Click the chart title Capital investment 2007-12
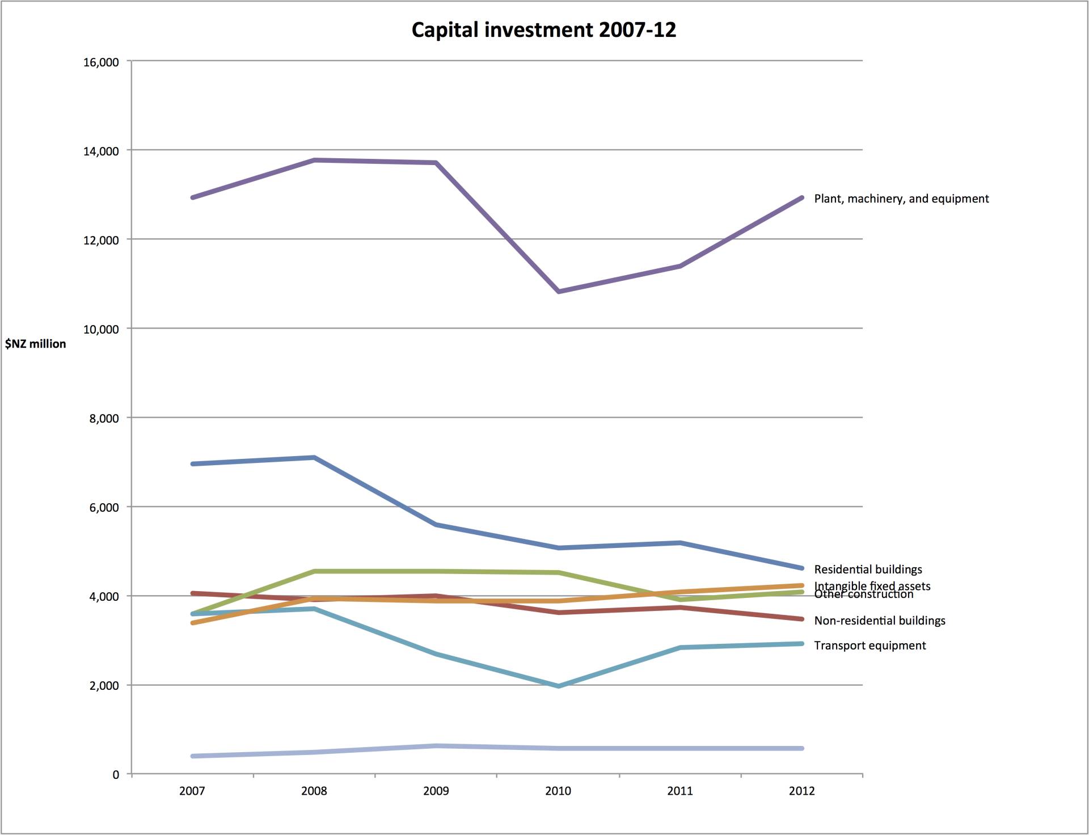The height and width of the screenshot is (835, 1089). [x=543, y=29]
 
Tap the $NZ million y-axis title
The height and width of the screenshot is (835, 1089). [x=35, y=344]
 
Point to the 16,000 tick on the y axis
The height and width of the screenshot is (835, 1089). [x=101, y=62]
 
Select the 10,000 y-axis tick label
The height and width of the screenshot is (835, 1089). [x=101, y=329]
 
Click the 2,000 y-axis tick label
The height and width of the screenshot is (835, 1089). [x=103, y=685]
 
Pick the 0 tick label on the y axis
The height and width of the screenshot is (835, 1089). [x=116, y=775]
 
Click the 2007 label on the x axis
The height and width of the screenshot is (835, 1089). [x=192, y=791]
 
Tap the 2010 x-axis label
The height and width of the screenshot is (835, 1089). [x=558, y=791]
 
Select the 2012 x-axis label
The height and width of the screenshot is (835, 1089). [x=801, y=791]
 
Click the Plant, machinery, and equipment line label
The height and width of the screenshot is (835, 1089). [x=901, y=199]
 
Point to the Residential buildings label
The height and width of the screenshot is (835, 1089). [x=868, y=569]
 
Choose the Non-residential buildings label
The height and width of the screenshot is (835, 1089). [x=879, y=621]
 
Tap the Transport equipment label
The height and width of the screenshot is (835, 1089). [x=869, y=646]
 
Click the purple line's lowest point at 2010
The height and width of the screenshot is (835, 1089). [x=559, y=292]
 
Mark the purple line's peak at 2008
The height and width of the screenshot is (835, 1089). [x=314, y=160]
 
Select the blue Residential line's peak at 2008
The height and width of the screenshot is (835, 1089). [x=314, y=457]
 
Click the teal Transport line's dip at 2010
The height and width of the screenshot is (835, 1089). [x=559, y=686]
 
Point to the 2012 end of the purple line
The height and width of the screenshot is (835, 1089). [x=801, y=197]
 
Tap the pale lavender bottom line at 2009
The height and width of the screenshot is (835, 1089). [x=436, y=746]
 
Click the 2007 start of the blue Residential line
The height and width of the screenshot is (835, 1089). [x=193, y=464]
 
